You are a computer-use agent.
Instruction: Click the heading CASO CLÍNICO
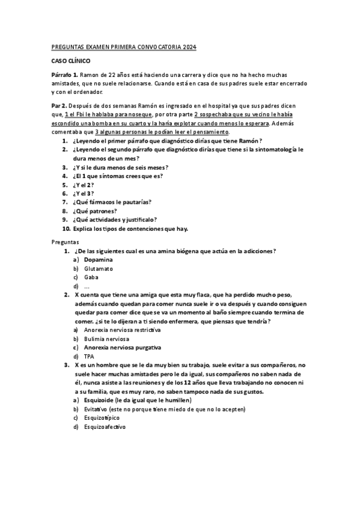pyautogui.click(x=71, y=61)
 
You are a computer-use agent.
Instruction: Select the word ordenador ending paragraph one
pyautogui.click(x=89, y=92)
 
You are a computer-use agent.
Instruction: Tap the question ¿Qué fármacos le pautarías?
pyautogui.click(x=111, y=202)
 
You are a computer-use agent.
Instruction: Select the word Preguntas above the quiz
pyautogui.click(x=65, y=241)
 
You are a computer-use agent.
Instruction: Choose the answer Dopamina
pyautogui.click(x=99, y=259)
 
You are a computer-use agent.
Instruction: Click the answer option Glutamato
pyautogui.click(x=99, y=268)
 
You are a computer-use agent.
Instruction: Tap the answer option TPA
pyautogui.click(x=90, y=357)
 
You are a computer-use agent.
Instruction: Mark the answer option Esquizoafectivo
pyautogui.click(x=105, y=427)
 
